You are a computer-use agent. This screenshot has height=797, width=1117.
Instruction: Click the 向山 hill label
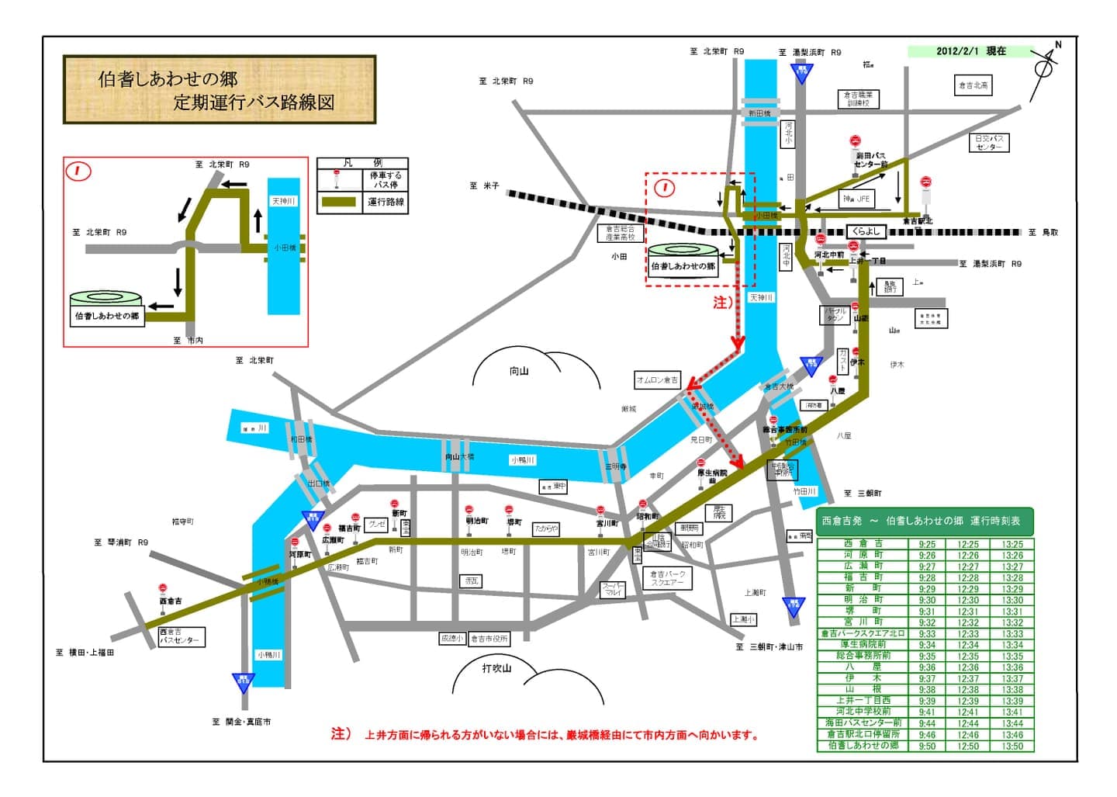519,371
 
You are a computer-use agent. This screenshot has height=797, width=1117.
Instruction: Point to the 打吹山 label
496,668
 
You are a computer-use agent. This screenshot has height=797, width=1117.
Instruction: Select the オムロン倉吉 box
658,379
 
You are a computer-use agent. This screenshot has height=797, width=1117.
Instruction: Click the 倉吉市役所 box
489,639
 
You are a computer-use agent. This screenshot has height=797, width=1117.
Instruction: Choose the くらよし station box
866,231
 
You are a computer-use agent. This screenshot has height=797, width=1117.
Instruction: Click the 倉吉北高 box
973,85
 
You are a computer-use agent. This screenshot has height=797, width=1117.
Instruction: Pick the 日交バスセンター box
989,143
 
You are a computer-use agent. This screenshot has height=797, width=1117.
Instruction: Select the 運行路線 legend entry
386,202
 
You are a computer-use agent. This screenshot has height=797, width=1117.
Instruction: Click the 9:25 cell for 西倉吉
926,545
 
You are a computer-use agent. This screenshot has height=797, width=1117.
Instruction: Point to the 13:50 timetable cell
1012,746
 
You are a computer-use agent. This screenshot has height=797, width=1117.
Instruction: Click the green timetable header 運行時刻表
921,521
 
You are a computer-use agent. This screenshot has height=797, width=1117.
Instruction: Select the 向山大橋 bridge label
459,457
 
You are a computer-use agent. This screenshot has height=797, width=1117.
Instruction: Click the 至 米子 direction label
484,185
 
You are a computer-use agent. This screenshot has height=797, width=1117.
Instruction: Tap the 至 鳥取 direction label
1043,232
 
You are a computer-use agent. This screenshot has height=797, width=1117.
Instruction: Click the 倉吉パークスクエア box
667,578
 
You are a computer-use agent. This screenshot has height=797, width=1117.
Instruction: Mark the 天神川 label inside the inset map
283,201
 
